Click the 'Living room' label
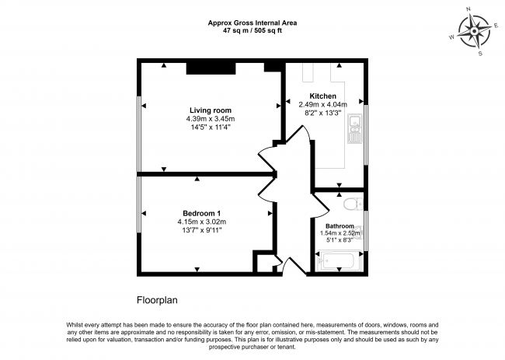[x=210, y=110]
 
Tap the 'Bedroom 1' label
[x=202, y=213]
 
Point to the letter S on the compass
[x=481, y=54]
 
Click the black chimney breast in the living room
[x=211, y=68]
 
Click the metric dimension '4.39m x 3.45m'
[x=210, y=118]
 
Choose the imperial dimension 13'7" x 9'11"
[x=202, y=230]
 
